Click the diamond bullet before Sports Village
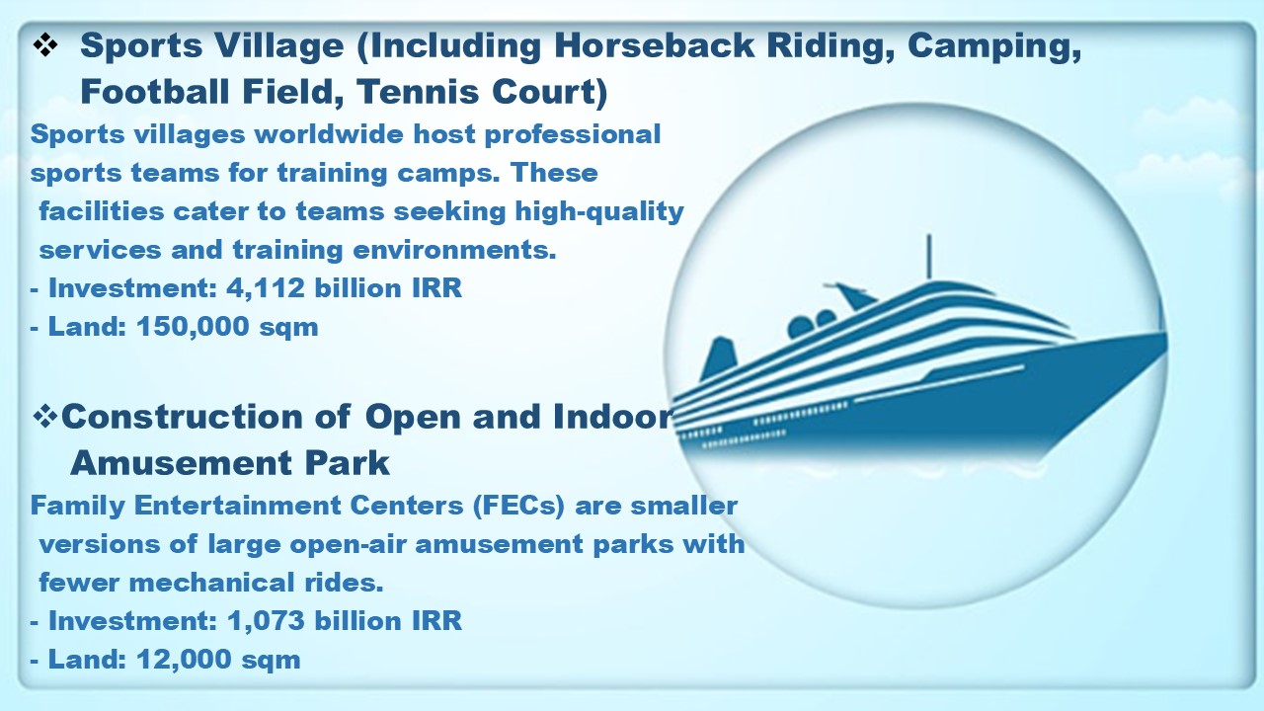pyautogui.click(x=45, y=45)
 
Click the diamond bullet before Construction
pyautogui.click(x=45, y=417)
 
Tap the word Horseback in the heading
pyautogui.click(x=654, y=45)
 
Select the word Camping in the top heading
pyautogui.click(x=994, y=46)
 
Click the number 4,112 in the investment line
pyautogui.click(x=266, y=289)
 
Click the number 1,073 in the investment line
pyautogui.click(x=266, y=621)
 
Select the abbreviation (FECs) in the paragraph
pyautogui.click(x=519, y=506)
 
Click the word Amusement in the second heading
pyautogui.click(x=181, y=463)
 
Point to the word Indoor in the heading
pyautogui.click(x=613, y=417)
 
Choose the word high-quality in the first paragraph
pyautogui.click(x=599, y=212)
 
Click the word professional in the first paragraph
pyautogui.click(x=572, y=135)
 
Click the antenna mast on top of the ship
pyautogui.click(x=929, y=257)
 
